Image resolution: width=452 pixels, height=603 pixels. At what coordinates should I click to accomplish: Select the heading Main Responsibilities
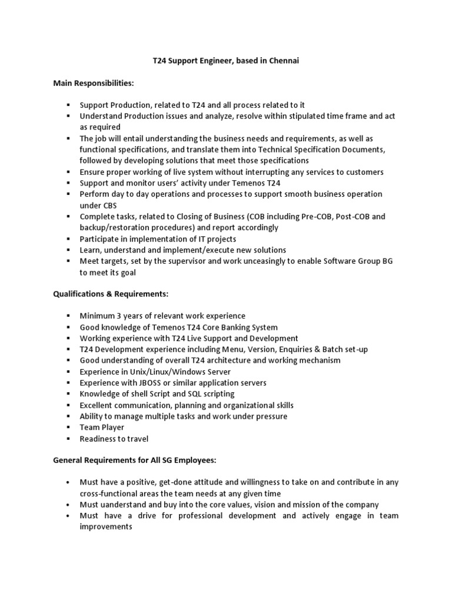pyautogui.click(x=93, y=83)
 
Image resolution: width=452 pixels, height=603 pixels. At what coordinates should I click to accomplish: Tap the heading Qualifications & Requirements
pyautogui.click(x=111, y=294)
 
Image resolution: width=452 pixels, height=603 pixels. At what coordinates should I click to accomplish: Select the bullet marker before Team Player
pyautogui.click(x=69, y=428)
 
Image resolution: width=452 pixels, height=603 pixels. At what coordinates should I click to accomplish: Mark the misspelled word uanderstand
pyautogui.click(x=121, y=505)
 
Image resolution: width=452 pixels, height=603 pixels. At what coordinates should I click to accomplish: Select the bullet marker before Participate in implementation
pyautogui.click(x=69, y=239)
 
